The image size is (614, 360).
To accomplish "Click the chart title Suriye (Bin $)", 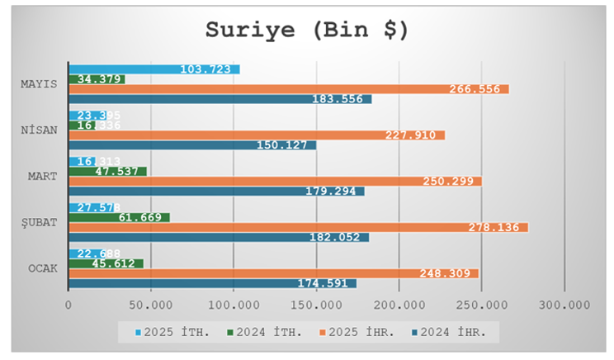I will point(306,30).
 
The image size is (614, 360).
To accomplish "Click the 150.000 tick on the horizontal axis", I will point(316,306).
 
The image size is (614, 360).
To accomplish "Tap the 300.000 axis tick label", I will point(564,306).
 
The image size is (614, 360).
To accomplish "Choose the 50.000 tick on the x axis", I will point(151,306).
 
